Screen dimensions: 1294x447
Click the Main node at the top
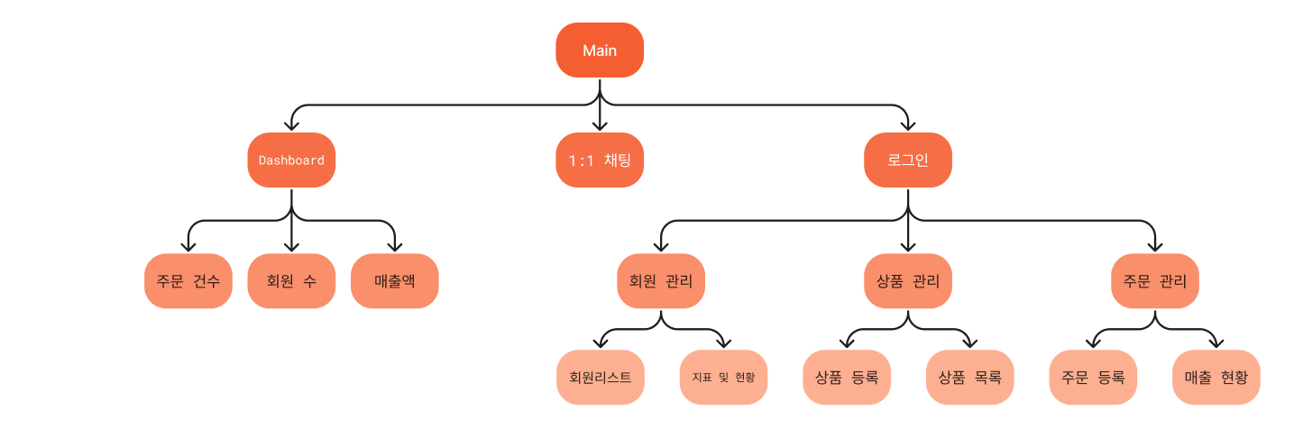(600, 50)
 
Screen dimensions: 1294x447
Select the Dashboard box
(291, 160)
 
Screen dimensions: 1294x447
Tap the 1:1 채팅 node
(600, 160)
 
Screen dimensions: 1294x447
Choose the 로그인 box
(908, 160)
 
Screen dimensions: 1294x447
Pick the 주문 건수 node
(188, 280)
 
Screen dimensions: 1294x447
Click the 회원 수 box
(291, 280)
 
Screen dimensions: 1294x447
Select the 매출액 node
(395, 280)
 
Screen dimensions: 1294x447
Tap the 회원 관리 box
(661, 280)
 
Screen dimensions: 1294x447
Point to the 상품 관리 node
(908, 280)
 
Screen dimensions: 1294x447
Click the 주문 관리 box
(1155, 280)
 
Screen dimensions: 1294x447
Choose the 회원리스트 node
(601, 377)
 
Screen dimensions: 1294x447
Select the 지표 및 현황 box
(723, 377)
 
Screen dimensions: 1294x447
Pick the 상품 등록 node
(847, 377)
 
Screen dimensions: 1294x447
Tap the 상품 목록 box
(970, 377)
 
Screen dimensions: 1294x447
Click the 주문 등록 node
(1093, 377)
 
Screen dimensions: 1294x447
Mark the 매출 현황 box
(1216, 377)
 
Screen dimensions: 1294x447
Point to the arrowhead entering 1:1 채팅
(600, 126)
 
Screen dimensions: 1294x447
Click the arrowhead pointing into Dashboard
(291, 126)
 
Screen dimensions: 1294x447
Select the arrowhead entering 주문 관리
(1155, 247)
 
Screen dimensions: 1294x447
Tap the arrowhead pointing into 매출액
(395, 247)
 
